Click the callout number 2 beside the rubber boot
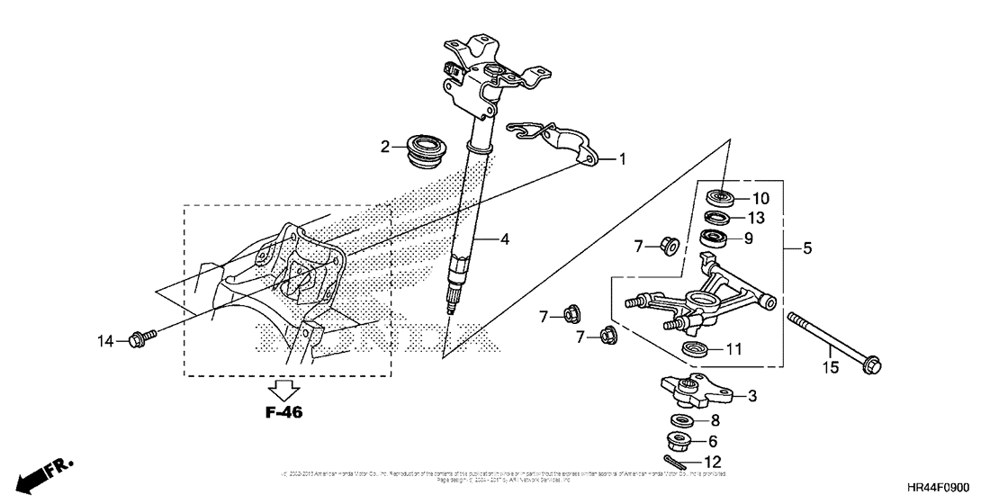point(385,147)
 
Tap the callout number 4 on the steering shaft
point(506,240)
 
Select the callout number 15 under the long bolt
point(830,366)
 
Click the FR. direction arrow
point(40,475)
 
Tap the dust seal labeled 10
point(720,196)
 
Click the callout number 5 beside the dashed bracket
point(806,247)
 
